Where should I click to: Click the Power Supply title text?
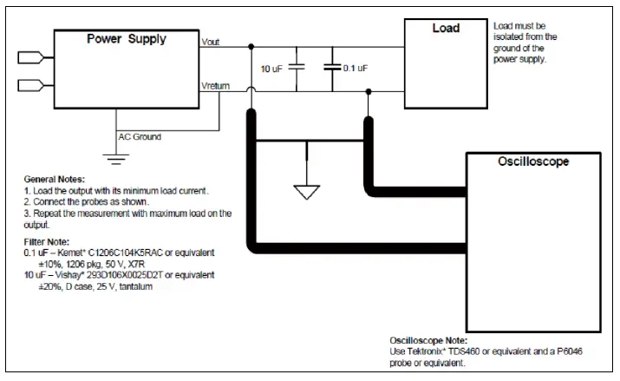(x=127, y=39)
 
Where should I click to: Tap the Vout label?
(x=211, y=42)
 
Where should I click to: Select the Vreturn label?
(x=216, y=86)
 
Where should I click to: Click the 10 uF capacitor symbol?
(x=297, y=67)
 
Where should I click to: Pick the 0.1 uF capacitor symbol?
(x=332, y=67)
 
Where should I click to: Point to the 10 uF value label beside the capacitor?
(x=271, y=69)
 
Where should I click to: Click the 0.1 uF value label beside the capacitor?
(x=356, y=69)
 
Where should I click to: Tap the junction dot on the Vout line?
(x=251, y=47)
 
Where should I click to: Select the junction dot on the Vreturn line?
(x=369, y=92)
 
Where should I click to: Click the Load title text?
(x=446, y=28)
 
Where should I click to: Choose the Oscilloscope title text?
(x=533, y=161)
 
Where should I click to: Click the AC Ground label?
(x=140, y=137)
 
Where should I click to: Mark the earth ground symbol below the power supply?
(x=116, y=159)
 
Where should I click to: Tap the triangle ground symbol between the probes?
(x=307, y=193)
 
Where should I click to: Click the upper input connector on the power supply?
(x=31, y=58)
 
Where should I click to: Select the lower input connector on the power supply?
(x=31, y=85)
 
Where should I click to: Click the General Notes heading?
(x=55, y=180)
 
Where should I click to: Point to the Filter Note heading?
(x=47, y=242)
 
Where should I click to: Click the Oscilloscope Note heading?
(x=428, y=341)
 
